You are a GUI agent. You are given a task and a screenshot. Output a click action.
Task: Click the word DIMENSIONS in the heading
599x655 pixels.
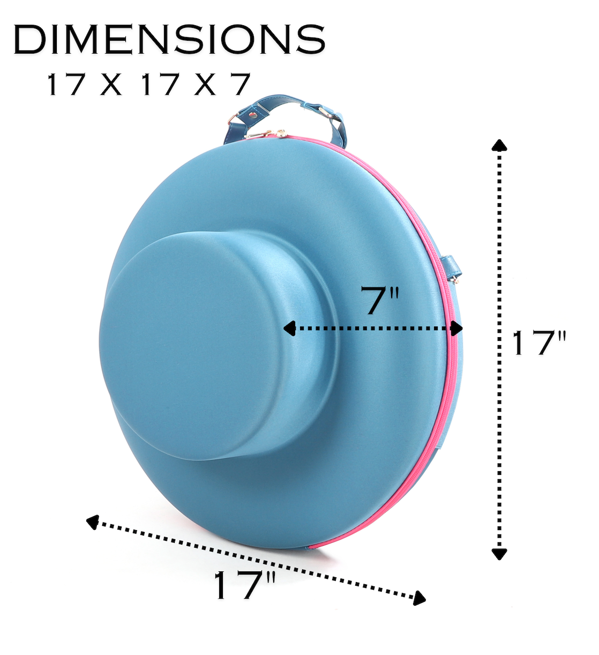click(169, 39)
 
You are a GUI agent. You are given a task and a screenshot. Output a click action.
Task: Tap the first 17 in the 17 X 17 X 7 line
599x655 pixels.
click(66, 84)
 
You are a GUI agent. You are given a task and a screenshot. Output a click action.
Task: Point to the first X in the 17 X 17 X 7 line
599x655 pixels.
click(111, 84)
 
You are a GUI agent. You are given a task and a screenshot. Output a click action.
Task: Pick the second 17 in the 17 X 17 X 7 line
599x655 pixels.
click(160, 84)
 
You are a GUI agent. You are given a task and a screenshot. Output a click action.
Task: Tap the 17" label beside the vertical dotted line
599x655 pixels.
click(539, 343)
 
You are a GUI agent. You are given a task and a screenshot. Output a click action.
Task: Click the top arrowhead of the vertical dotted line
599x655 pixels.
click(499, 145)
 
